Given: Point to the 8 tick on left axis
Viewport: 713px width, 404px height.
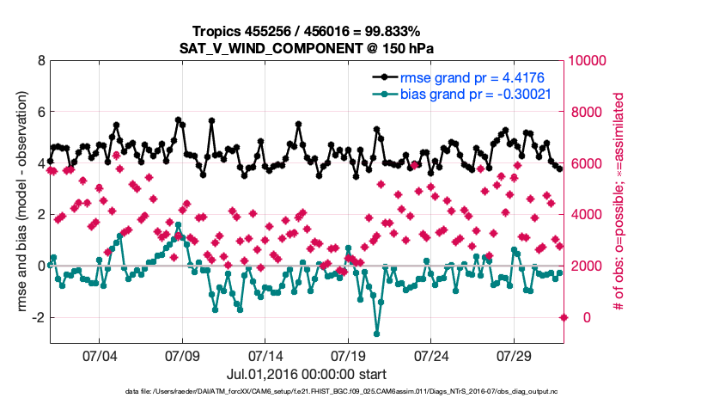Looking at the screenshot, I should [40, 61].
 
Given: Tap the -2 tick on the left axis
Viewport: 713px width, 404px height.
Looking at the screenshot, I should [38, 318].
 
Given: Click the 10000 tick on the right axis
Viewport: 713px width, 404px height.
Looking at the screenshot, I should [588, 61].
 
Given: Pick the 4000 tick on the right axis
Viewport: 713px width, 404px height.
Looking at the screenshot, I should [584, 215].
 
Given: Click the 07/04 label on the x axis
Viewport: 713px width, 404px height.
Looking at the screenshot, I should [99, 355].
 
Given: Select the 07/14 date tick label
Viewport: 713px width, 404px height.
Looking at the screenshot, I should [265, 355].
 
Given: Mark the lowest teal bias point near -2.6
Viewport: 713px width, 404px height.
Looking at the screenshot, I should [376, 334].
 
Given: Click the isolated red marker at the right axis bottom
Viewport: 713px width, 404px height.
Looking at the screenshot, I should [564, 317].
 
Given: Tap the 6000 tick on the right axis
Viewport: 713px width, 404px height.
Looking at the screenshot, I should [584, 163].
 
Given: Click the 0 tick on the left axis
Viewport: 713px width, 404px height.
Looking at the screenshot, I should [40, 266].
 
